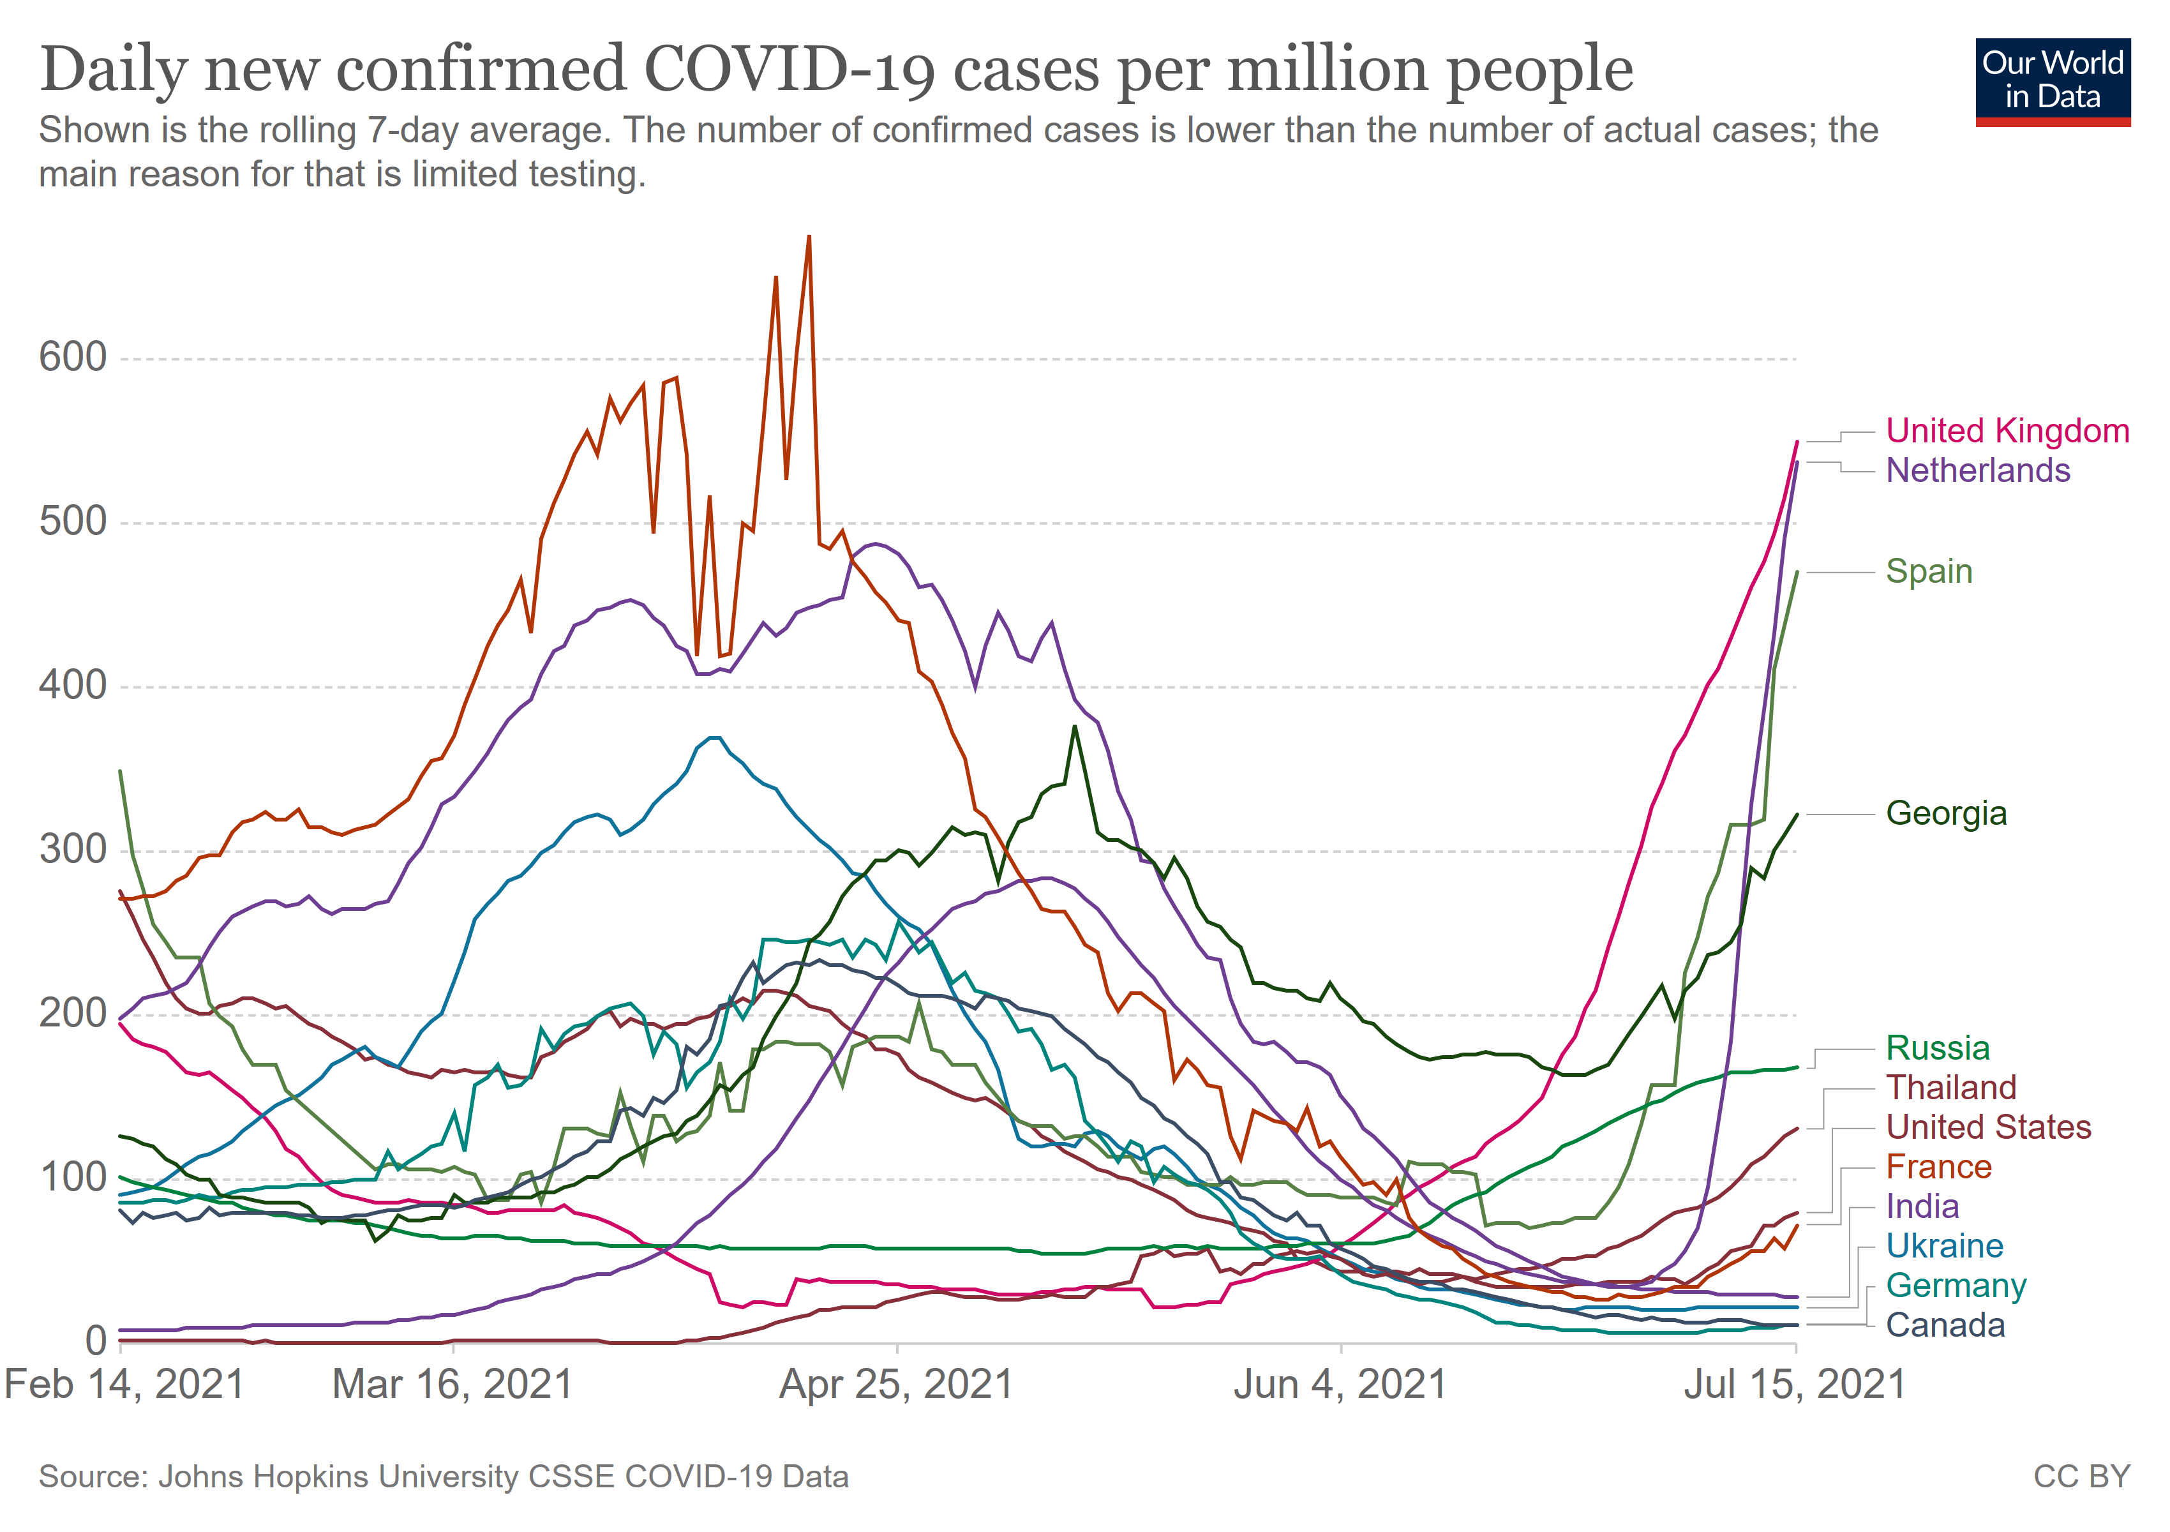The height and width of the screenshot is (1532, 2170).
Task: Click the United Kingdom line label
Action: (2007, 431)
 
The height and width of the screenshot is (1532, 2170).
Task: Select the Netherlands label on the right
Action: (1977, 470)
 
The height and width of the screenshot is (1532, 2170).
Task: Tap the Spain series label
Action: (1928, 572)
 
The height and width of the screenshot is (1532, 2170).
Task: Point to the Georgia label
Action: (1945, 814)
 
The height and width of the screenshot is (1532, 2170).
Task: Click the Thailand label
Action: (1950, 1088)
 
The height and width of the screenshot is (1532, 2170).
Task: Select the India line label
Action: (1922, 1207)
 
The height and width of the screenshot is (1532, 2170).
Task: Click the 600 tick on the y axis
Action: (73, 357)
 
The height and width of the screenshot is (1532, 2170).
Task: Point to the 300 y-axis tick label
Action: (73, 850)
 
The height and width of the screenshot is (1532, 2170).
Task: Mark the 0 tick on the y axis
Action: (96, 1341)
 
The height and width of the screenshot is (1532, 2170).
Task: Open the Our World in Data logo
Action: (2052, 81)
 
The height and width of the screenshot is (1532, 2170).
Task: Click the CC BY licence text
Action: (2081, 1477)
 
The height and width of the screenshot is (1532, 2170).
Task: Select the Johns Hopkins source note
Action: (444, 1477)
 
